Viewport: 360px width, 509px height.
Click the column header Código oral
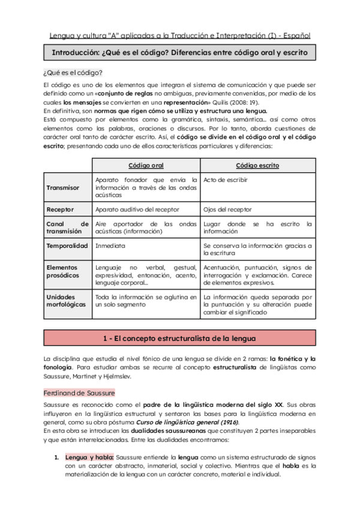coord(146,165)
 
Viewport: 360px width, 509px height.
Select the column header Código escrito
coord(257,165)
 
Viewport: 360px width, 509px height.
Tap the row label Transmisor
coord(62,187)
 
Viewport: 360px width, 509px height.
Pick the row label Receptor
coord(60,209)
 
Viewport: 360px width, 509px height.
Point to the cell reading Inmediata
coord(110,245)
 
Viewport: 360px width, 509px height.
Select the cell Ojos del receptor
coord(227,209)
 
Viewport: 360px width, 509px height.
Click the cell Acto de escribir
coord(226,179)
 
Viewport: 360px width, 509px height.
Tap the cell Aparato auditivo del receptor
coord(138,209)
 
